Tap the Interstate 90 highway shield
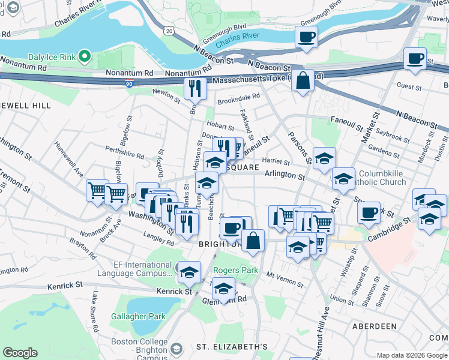pos(130,86)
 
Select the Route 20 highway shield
pos(169,30)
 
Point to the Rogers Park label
pos(238,271)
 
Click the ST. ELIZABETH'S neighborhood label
pos(232,347)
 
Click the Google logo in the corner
pos(20,353)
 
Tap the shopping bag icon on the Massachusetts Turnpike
pos(303,80)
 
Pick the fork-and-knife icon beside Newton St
pos(195,88)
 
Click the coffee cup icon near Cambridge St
pos(369,212)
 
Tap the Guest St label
pos(409,87)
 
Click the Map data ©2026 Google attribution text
pos(411,355)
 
